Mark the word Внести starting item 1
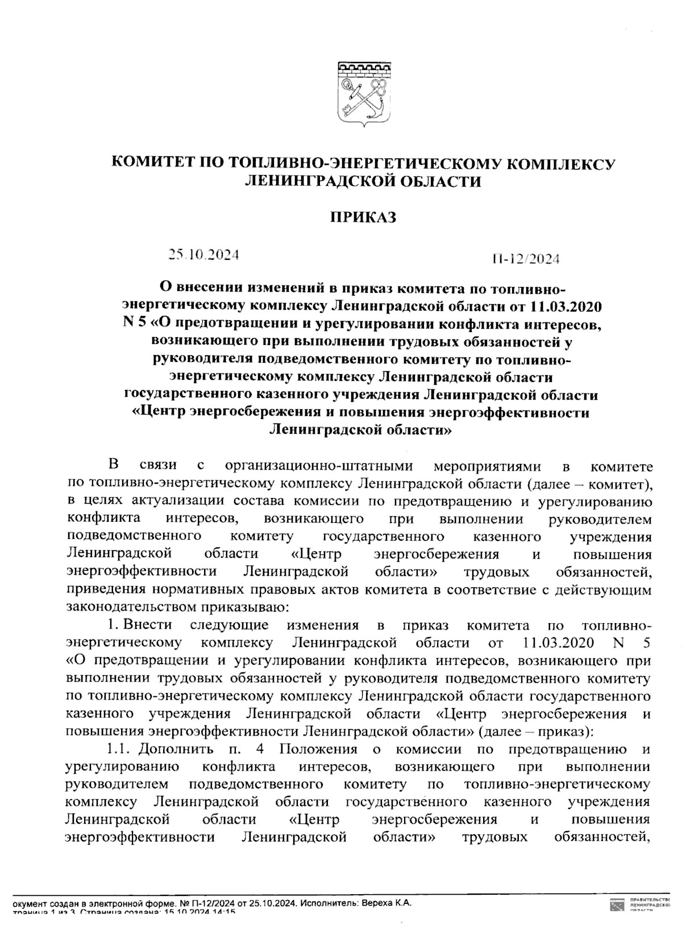[x=147, y=625]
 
